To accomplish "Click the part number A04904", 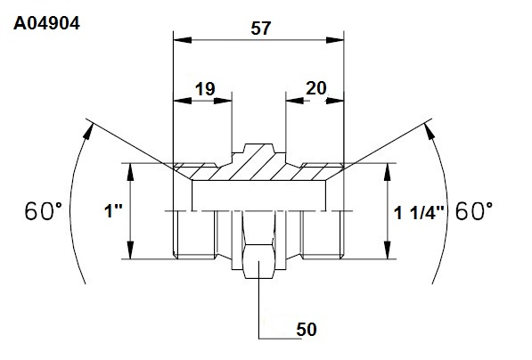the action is pos(47,24).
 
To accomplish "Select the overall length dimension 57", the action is pos(261,29).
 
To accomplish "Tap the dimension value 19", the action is pos(205,89).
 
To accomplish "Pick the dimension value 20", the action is pos(315,88).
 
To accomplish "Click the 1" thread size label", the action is pos(113,211).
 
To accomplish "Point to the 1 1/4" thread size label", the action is pos(419,214).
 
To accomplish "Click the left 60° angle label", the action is pos(44,210).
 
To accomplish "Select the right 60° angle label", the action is pos(474,210).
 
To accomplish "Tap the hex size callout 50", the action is pos(307,330).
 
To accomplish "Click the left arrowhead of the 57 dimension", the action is pos(182,40).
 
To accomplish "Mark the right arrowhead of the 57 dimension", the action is pos(335,40).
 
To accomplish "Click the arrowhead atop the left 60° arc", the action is pos(88,131).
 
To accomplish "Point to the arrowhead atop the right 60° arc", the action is pos(430,131).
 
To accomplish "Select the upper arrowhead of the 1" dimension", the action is pos(130,172).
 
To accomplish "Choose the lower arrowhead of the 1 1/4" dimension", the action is pos(389,250).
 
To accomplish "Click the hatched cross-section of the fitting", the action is pos(258,168).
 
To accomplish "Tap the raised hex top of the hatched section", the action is pos(258,148).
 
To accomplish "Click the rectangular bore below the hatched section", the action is pos(259,195).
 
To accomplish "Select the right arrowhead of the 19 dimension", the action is pos(223,101).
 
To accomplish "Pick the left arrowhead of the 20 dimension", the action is pos(294,101).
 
